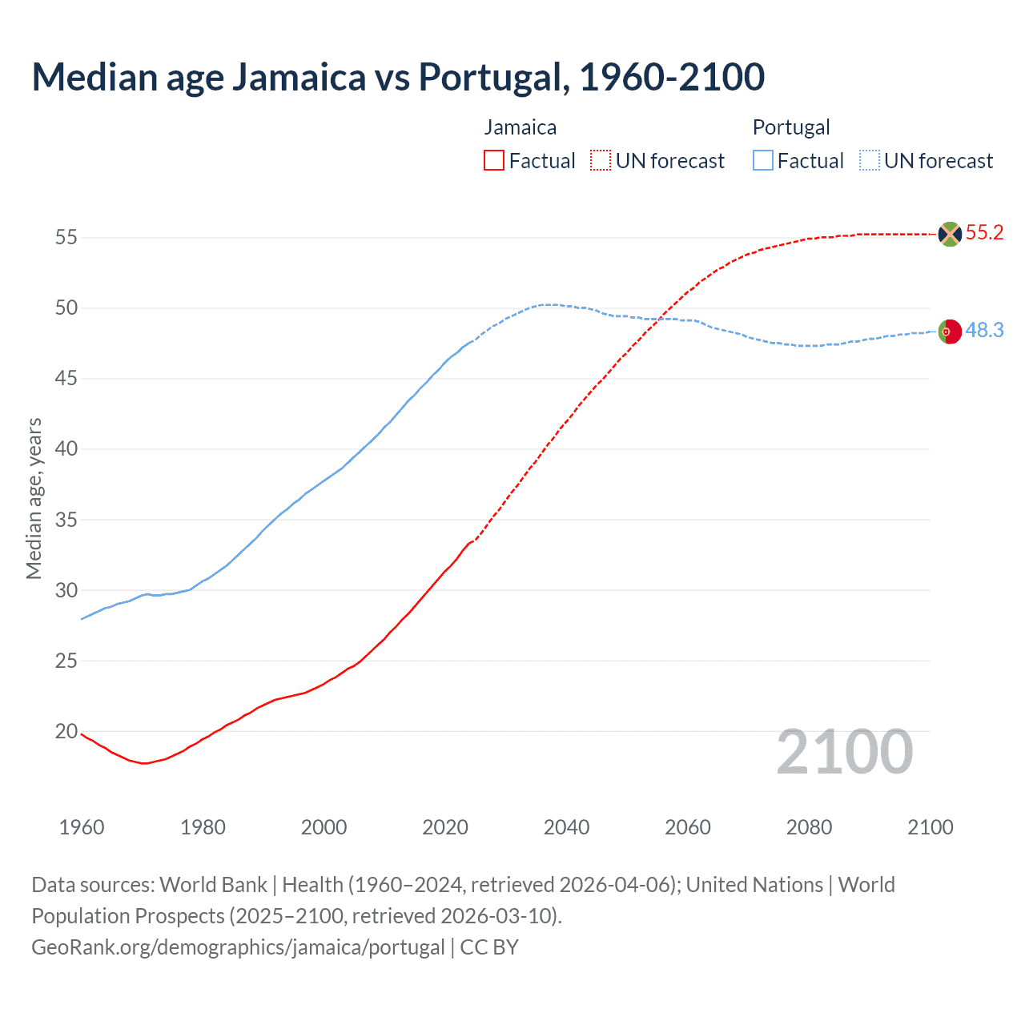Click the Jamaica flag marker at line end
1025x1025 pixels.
click(950, 234)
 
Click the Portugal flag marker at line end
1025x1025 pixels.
click(950, 331)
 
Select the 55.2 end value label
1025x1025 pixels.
click(984, 233)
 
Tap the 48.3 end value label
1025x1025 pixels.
click(984, 330)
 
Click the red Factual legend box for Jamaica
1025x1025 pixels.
click(494, 161)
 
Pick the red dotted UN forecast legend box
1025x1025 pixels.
click(601, 161)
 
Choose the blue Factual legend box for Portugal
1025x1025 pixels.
click(762, 161)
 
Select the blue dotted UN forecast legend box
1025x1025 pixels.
click(869, 161)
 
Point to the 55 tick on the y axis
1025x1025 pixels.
click(66, 237)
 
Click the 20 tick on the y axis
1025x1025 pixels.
click(66, 731)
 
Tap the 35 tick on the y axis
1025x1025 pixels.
click(66, 520)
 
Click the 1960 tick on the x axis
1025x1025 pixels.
click(82, 827)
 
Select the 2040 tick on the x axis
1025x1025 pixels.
click(566, 827)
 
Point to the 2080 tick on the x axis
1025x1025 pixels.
click(809, 827)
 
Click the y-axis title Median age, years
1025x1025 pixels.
click(34, 498)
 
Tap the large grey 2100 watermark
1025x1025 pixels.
click(844, 752)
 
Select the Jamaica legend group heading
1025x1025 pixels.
click(520, 127)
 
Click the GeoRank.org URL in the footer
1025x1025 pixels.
click(238, 947)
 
